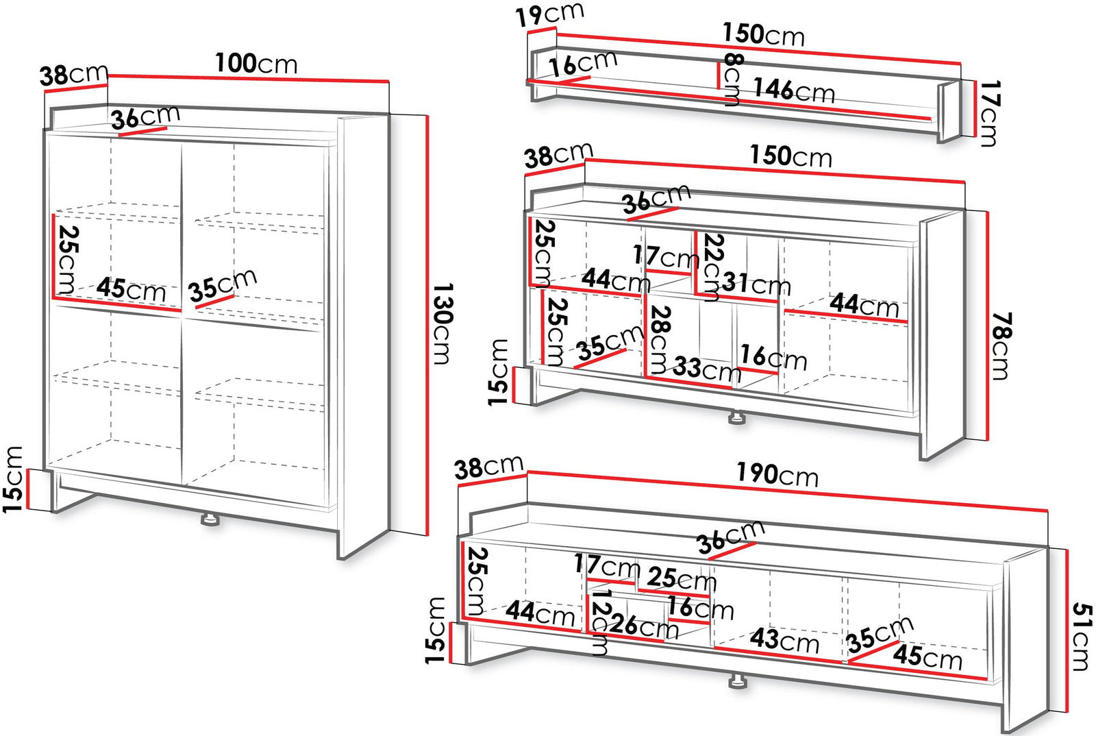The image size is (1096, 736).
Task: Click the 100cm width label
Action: pyautogui.click(x=256, y=64)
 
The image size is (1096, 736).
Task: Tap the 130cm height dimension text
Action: pyautogui.click(x=443, y=323)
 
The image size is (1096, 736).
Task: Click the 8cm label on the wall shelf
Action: pyautogui.click(x=733, y=79)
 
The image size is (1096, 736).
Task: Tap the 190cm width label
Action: pyautogui.click(x=777, y=474)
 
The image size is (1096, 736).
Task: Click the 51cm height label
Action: pyautogui.click(x=1082, y=637)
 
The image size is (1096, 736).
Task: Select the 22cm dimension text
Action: pyautogui.click(x=712, y=267)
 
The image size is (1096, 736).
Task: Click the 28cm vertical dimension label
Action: pyautogui.click(x=659, y=340)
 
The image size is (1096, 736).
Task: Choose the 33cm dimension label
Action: pyautogui.click(x=706, y=369)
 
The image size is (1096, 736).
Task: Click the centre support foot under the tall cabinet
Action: pyautogui.click(x=210, y=519)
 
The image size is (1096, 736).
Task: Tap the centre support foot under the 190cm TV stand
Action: pyautogui.click(x=737, y=682)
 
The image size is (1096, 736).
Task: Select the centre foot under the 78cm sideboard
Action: pyautogui.click(x=736, y=417)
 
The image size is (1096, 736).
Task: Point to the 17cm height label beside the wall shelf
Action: pyautogui.click(x=989, y=114)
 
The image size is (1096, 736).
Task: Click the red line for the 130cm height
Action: pyautogui.click(x=427, y=326)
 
